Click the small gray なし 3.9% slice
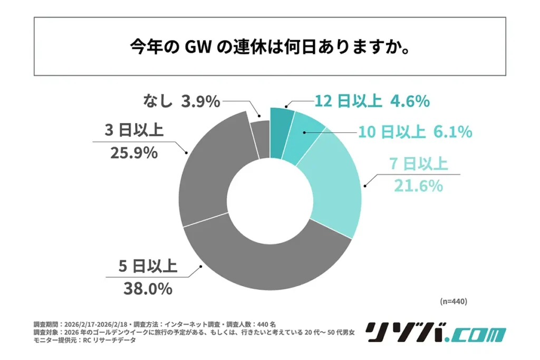click(x=259, y=138)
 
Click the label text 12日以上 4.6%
click(x=372, y=101)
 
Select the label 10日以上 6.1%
click(x=415, y=132)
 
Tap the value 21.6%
click(x=418, y=186)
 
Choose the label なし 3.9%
click(x=181, y=101)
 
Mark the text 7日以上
click(x=419, y=164)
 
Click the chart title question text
click(x=270, y=47)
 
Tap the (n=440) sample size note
click(x=453, y=301)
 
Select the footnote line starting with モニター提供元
click(x=84, y=340)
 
